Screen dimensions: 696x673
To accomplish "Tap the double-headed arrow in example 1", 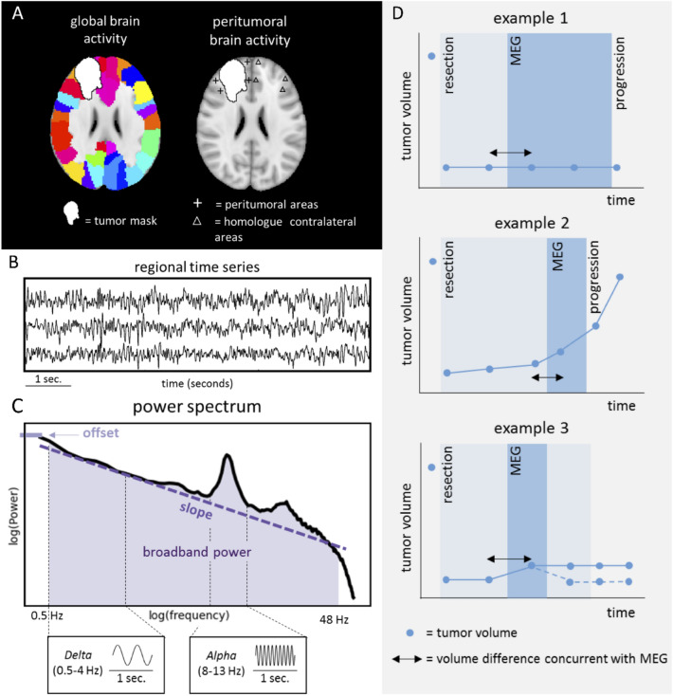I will point(510,152).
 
